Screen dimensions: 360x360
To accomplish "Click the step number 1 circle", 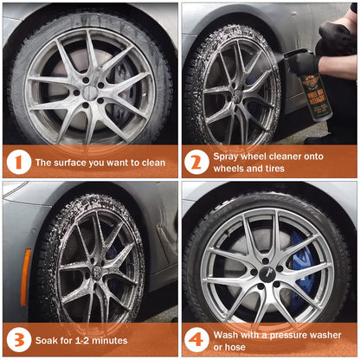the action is pos(19,163).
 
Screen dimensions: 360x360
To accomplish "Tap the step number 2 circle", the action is pos(196,163).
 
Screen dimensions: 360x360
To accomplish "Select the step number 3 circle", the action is pos(19,340).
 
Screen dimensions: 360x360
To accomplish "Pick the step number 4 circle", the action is pos(196,340).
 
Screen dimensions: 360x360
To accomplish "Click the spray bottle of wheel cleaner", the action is pos(313,87).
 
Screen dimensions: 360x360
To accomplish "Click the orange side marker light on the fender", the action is pos(25,277).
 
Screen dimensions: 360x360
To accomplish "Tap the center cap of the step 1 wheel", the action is pos(90,93).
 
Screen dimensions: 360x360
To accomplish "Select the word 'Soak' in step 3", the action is pos(44,340).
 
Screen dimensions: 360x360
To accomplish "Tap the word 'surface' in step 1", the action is pos(70,163).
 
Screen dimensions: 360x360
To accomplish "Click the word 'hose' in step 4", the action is pos(236,347).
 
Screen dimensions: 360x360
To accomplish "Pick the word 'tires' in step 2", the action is pos(274,169).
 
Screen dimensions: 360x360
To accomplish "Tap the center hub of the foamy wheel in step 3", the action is pos(97,271).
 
